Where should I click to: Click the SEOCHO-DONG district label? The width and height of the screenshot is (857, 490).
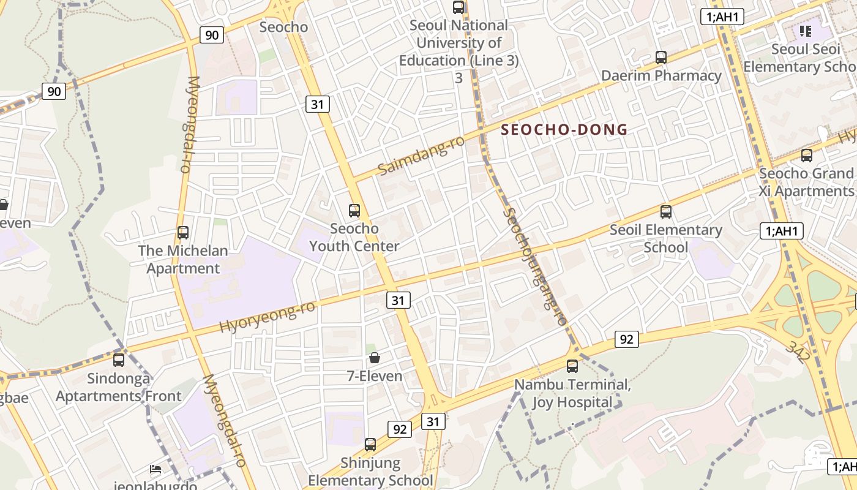(564, 130)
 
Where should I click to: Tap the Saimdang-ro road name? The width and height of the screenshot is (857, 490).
(421, 156)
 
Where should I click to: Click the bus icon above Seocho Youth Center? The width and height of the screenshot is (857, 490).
(354, 211)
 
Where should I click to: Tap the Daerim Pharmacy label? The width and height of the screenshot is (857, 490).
(661, 76)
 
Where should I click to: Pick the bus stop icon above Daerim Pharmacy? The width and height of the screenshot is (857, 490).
(661, 58)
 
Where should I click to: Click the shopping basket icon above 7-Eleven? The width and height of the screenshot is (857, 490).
(375, 358)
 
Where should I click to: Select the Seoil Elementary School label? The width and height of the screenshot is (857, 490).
(666, 239)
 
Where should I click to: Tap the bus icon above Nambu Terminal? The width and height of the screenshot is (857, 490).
(572, 366)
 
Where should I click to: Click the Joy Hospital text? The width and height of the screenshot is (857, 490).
(572, 402)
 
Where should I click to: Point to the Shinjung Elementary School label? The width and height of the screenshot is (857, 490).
(370, 472)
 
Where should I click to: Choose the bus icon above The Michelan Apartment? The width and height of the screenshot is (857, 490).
(183, 233)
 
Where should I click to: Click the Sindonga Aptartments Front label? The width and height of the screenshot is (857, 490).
(119, 387)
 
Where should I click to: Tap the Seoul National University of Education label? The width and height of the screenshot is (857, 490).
(458, 43)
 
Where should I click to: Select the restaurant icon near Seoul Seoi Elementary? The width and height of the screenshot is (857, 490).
(805, 31)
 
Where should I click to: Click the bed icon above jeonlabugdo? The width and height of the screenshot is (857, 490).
(156, 470)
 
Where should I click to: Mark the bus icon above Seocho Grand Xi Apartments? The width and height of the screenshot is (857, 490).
(807, 156)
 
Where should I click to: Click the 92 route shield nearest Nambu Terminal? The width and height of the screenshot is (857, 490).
(626, 339)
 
